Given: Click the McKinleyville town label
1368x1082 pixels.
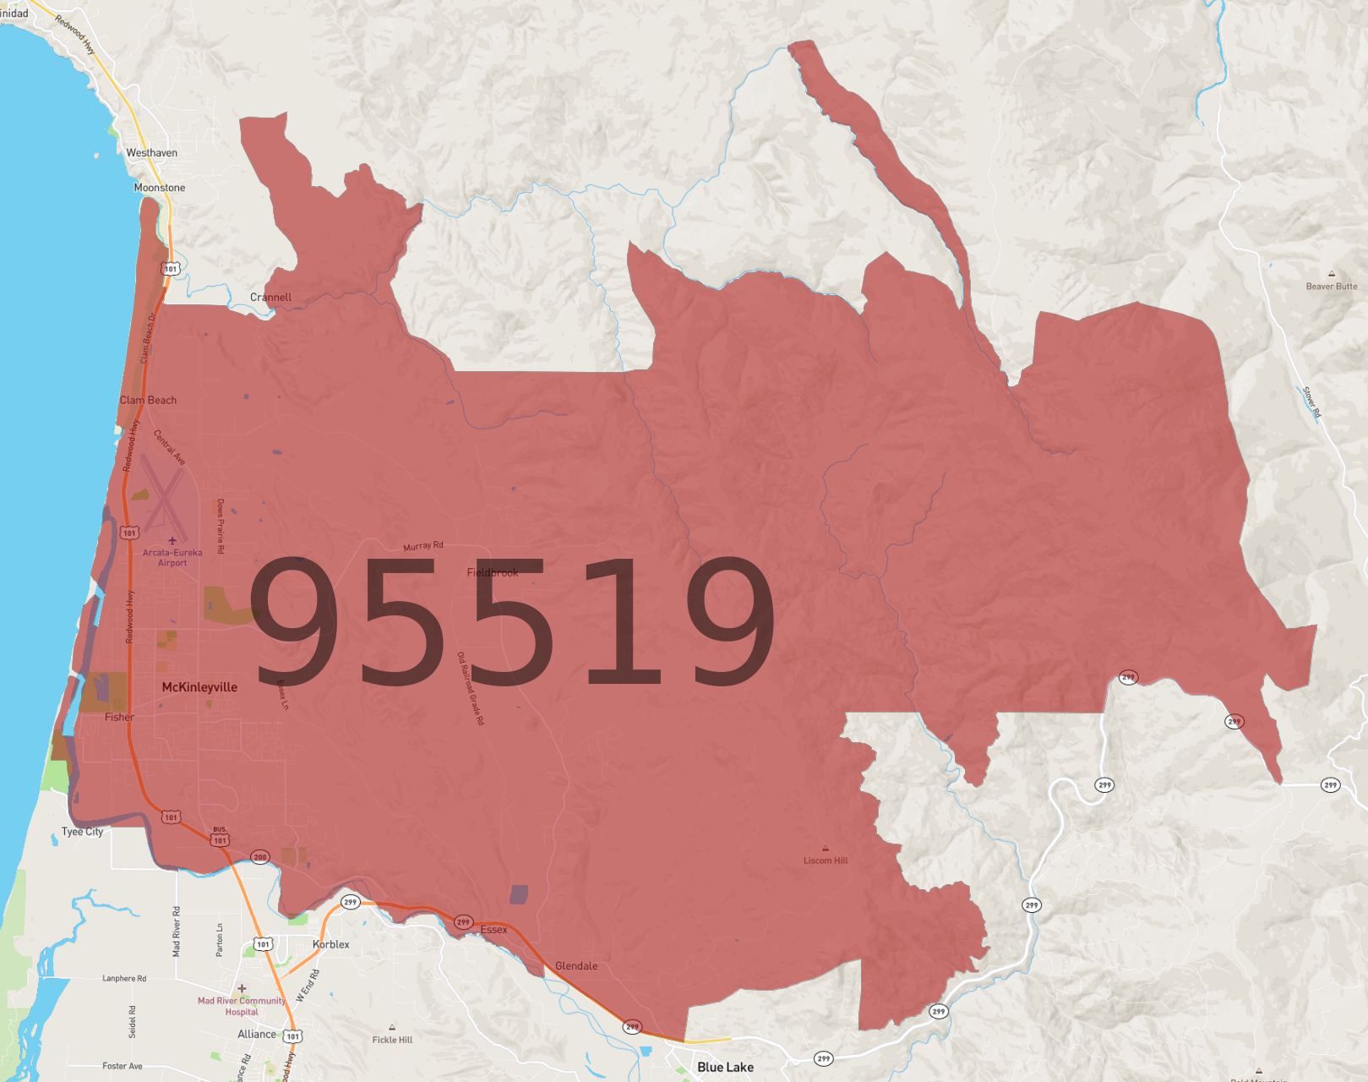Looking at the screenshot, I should (x=199, y=687).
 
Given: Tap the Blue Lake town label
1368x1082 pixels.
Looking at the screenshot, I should (x=725, y=1067).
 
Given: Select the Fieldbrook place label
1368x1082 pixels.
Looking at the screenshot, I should (x=493, y=572).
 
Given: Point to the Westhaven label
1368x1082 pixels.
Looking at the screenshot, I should (x=152, y=153).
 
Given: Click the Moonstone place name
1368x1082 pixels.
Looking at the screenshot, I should (x=160, y=188).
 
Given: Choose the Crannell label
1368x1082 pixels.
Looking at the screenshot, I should (x=270, y=298).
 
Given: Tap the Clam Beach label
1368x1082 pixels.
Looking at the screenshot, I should (x=148, y=400).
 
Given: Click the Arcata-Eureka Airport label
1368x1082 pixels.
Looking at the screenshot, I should (x=172, y=558).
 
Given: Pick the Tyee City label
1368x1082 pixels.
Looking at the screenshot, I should (x=82, y=832).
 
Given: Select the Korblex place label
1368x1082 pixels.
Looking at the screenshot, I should (x=330, y=944).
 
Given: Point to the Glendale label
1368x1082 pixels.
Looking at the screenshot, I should (x=576, y=966).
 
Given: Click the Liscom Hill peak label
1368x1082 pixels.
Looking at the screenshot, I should (x=826, y=861).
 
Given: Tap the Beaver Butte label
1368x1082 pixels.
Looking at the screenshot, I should (x=1332, y=287).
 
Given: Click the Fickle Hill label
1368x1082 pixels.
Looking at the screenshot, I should (x=392, y=1040).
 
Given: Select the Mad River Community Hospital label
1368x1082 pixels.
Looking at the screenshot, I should (x=242, y=1006).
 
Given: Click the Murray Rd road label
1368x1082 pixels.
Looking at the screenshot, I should (x=423, y=546).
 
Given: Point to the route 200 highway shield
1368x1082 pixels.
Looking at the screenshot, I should (x=259, y=857).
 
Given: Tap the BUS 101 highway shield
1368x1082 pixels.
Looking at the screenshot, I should (x=221, y=839).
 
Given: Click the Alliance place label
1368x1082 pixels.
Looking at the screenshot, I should (x=257, y=1034).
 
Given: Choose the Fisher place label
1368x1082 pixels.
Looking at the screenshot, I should (x=119, y=717).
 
